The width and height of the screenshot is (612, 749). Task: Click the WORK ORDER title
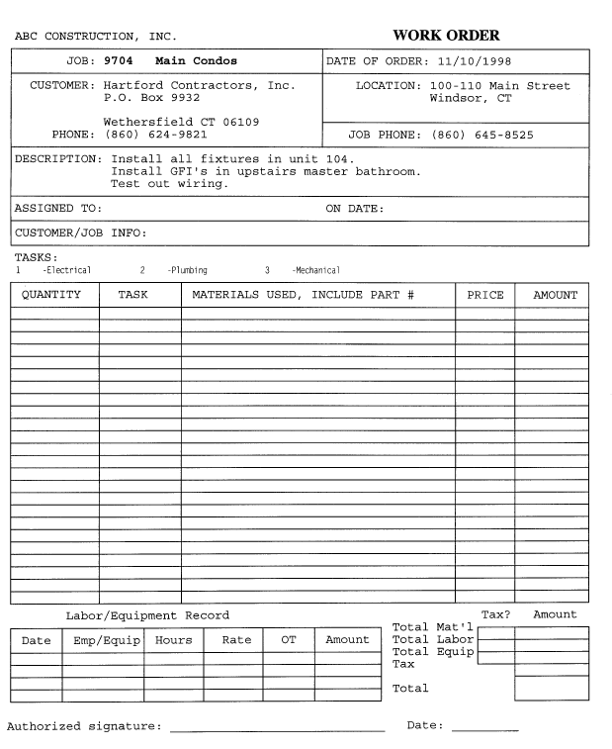[x=446, y=37]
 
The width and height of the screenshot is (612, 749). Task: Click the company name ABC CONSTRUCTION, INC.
[x=96, y=38]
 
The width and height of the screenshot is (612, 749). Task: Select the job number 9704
[x=119, y=61]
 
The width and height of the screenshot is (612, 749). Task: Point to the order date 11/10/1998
[x=481, y=61]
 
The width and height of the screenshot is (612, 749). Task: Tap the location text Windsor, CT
[x=474, y=99]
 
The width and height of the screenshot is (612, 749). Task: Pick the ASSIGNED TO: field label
[x=58, y=209]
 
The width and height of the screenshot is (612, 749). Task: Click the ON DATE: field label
[x=354, y=209]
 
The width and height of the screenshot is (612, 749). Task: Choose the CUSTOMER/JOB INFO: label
[x=80, y=234]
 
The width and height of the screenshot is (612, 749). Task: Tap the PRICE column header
[x=484, y=295]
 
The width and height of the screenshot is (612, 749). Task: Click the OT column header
[x=289, y=640]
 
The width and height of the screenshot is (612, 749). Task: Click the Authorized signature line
[x=277, y=730]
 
